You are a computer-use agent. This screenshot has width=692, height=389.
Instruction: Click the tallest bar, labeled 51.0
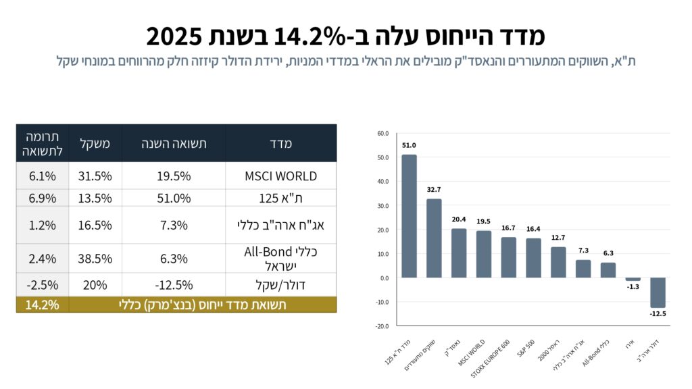tap(409, 216)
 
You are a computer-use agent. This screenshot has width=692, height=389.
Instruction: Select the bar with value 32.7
tap(434, 238)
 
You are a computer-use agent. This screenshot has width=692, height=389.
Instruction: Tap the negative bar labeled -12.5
tap(658, 292)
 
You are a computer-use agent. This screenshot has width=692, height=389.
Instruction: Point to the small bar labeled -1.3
tap(633, 279)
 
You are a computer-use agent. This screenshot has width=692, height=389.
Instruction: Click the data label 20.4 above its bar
tap(459, 219)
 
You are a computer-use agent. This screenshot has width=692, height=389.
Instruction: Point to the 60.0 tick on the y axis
tap(383, 134)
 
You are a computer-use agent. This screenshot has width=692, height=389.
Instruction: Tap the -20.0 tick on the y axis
tap(382, 326)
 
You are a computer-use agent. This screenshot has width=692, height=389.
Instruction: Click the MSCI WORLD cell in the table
tap(280, 176)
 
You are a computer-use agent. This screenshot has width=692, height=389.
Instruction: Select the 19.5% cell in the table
tap(174, 176)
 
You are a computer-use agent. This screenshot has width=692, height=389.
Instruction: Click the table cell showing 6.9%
tap(42, 198)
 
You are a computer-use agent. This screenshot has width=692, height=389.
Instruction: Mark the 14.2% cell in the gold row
tap(42, 305)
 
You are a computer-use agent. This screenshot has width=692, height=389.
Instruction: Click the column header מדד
tap(280, 143)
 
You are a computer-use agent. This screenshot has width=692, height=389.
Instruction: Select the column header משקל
tap(95, 143)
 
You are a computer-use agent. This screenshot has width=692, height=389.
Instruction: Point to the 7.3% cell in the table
tap(174, 225)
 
